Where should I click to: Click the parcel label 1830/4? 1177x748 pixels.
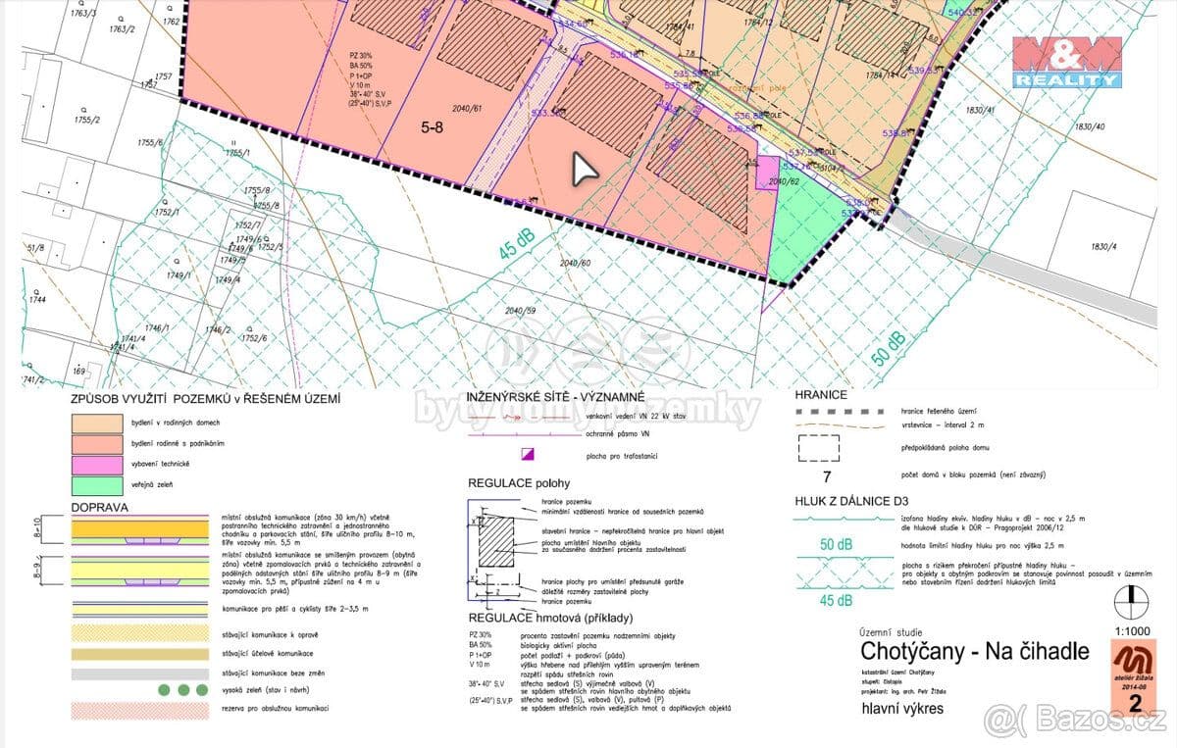(1103, 246)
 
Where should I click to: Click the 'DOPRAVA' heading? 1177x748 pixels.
(101, 508)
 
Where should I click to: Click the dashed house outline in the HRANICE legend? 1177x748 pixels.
(819, 447)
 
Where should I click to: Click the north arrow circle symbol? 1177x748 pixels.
(1131, 599)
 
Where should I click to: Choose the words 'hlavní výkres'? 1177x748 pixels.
(902, 708)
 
